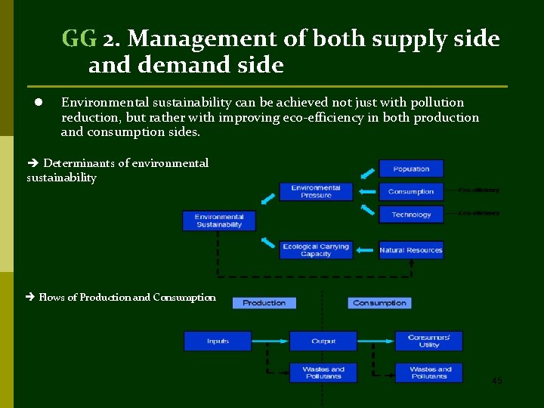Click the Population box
(x=411, y=168)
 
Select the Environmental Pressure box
(x=316, y=191)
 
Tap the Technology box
(x=411, y=214)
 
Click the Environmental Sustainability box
(x=219, y=221)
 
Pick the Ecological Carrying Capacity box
(x=316, y=250)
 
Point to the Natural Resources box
(x=411, y=250)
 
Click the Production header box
(x=264, y=303)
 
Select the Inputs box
(x=218, y=341)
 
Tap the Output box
(x=323, y=341)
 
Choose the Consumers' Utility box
(x=428, y=341)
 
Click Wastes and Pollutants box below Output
(x=323, y=372)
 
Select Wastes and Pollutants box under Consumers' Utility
(x=430, y=372)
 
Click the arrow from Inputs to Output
(x=270, y=341)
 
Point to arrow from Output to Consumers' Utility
(x=376, y=341)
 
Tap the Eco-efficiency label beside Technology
(x=479, y=213)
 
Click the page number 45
(x=496, y=381)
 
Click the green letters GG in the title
(x=79, y=38)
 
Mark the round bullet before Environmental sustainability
(x=36, y=102)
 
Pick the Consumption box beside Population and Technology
(x=411, y=191)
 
